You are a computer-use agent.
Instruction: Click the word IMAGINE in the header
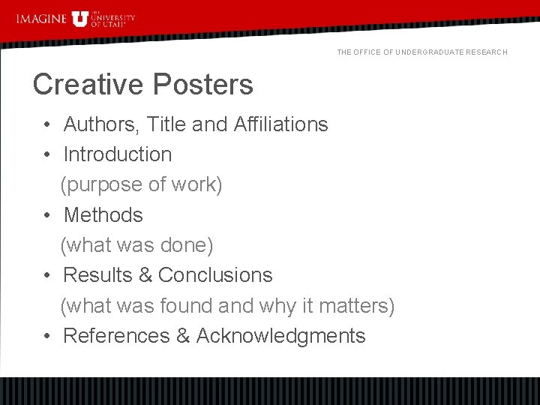point(41,18)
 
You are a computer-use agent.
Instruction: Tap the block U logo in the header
point(79,18)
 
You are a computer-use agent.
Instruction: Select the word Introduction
point(118,154)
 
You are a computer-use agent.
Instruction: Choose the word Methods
point(103,215)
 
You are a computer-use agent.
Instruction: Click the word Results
point(97,275)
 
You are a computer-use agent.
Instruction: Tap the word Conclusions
point(215,275)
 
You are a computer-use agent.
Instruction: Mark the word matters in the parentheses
point(354,306)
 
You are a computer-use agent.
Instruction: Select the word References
point(116,336)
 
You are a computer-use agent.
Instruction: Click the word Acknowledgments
point(280,336)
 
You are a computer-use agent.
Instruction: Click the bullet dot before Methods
point(46,215)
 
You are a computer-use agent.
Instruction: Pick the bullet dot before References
point(46,336)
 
